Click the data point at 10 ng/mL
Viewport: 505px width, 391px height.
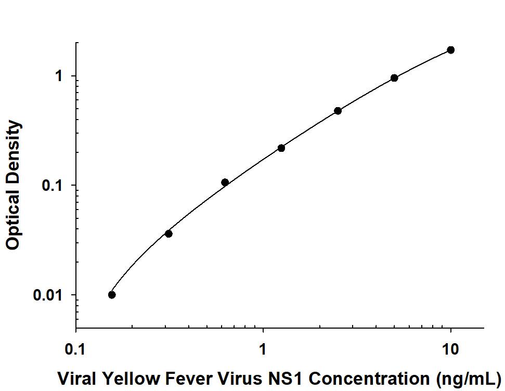coord(451,50)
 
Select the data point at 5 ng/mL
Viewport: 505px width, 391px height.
coord(394,78)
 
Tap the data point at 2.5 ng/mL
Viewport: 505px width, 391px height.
coord(338,111)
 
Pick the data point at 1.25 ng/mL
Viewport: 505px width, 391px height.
coord(281,148)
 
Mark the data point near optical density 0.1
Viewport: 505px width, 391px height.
coord(225,183)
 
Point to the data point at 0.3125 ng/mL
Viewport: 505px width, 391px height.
coord(169,233)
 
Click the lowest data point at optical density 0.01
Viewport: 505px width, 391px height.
coord(112,295)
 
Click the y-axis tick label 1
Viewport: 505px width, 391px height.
coord(59,76)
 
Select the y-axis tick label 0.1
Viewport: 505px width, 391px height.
coord(53,186)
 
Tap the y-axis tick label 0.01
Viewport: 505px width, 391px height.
coord(48,295)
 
